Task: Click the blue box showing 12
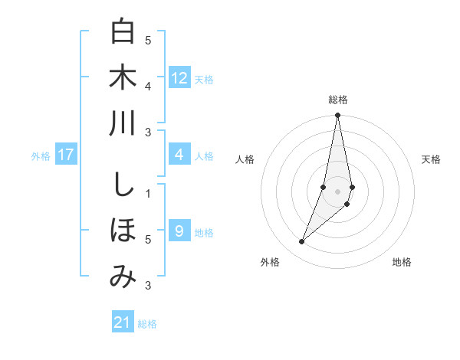click(x=179, y=77)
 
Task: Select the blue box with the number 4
click(x=179, y=155)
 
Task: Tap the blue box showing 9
click(x=179, y=231)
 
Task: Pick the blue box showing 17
click(x=66, y=155)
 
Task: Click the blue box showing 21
click(x=123, y=322)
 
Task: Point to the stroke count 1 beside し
click(x=148, y=194)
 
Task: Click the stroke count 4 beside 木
click(x=148, y=87)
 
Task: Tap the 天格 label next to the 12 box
click(x=204, y=79)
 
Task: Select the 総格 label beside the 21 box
click(x=147, y=324)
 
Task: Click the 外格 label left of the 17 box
click(x=41, y=156)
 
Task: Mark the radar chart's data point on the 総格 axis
click(x=337, y=116)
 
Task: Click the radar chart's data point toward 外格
click(x=302, y=242)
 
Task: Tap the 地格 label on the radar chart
click(x=402, y=262)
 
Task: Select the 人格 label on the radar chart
click(x=245, y=159)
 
